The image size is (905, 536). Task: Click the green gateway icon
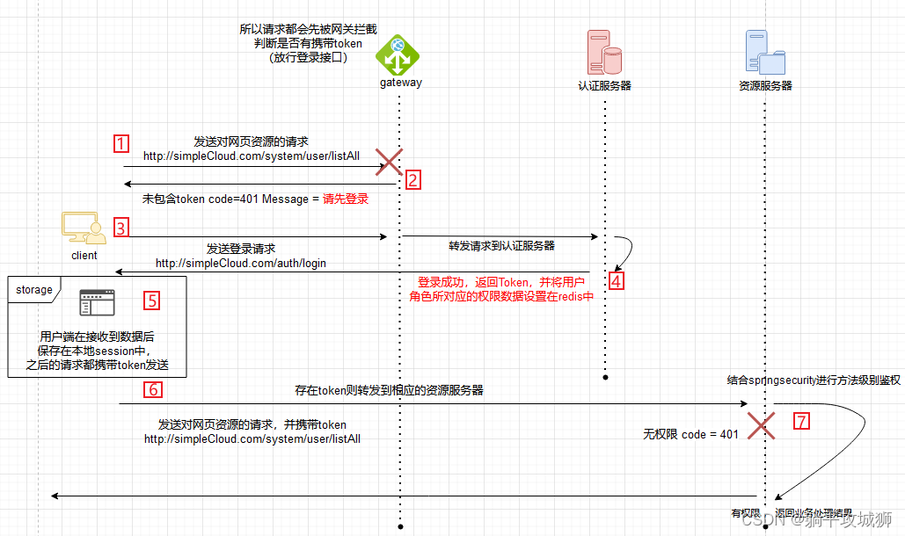398,54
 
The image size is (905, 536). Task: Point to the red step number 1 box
122,143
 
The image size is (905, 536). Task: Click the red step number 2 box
413,180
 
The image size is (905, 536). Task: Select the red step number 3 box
122,228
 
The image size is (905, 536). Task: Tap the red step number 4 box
617,281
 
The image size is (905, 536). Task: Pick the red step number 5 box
152,301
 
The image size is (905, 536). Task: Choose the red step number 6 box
152,389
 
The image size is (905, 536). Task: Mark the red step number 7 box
800,421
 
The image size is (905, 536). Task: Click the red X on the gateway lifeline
389,162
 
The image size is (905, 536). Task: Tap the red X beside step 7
761,425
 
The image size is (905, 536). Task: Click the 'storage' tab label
34,289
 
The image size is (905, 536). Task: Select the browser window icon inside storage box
97,303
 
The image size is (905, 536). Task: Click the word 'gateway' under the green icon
400,83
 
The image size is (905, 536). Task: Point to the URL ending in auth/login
241,263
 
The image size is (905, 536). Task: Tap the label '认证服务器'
604,86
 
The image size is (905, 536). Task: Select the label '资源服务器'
765,86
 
